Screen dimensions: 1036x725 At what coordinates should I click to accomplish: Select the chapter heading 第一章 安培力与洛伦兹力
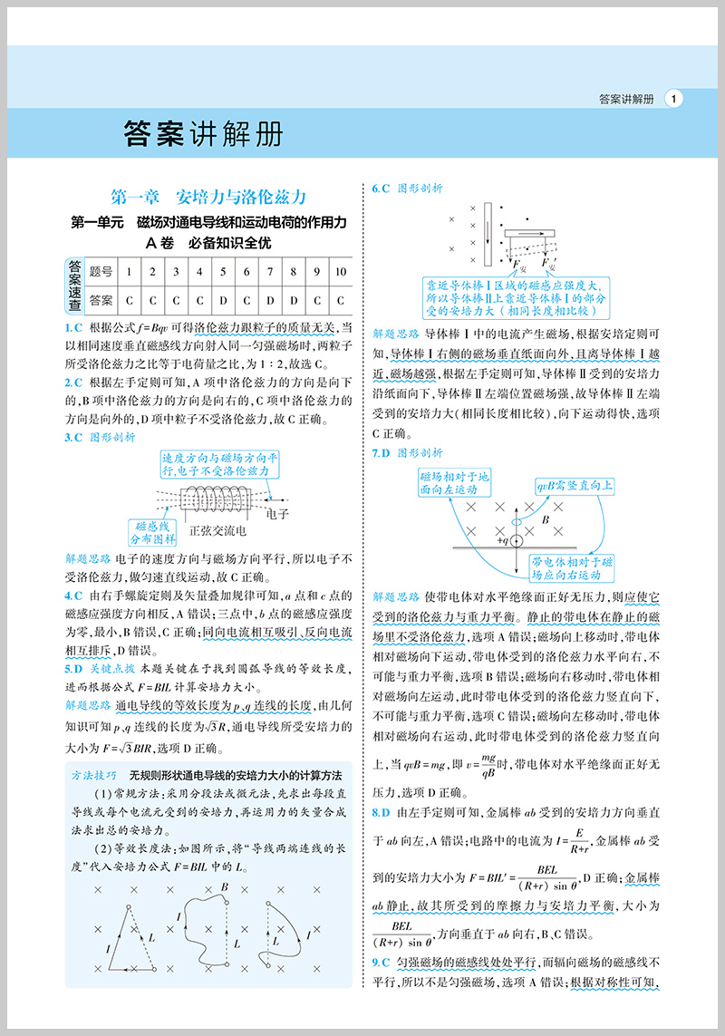[x=208, y=197]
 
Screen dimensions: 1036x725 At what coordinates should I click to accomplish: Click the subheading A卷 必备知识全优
[x=208, y=243]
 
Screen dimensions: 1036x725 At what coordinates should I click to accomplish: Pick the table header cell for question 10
[x=340, y=271]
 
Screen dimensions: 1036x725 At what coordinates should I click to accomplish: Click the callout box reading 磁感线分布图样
[x=155, y=531]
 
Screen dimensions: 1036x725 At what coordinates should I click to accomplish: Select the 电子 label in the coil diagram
[x=278, y=514]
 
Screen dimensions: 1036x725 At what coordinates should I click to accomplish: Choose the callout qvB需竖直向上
[x=574, y=487]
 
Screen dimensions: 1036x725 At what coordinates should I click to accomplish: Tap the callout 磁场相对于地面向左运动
[x=454, y=482]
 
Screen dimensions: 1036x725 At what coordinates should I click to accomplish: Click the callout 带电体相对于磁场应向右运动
[x=574, y=568]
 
